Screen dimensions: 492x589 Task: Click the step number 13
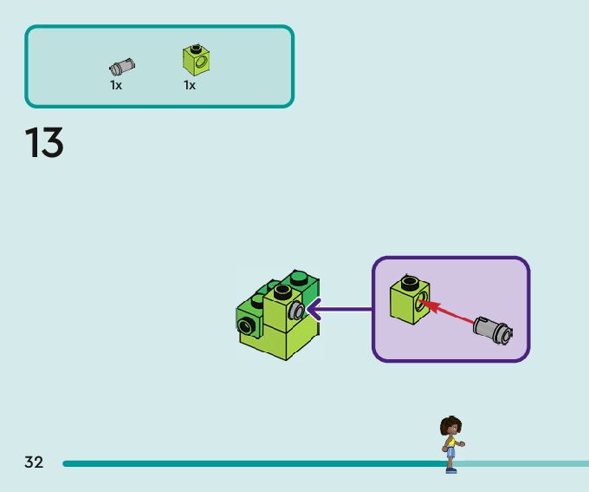pyautogui.click(x=44, y=143)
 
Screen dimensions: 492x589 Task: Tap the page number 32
pyautogui.click(x=34, y=462)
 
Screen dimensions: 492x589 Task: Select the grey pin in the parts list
pyautogui.click(x=121, y=66)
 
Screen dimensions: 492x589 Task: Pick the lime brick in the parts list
pyautogui.click(x=197, y=59)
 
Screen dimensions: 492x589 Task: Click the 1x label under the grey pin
pyautogui.click(x=116, y=85)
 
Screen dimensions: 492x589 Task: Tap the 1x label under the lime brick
pyautogui.click(x=190, y=85)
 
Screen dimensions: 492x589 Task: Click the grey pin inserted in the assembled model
pyautogui.click(x=297, y=310)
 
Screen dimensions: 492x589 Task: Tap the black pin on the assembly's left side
pyautogui.click(x=245, y=325)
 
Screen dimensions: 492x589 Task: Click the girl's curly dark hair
pyautogui.click(x=450, y=425)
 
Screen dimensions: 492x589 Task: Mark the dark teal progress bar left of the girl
pyautogui.click(x=251, y=463)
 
